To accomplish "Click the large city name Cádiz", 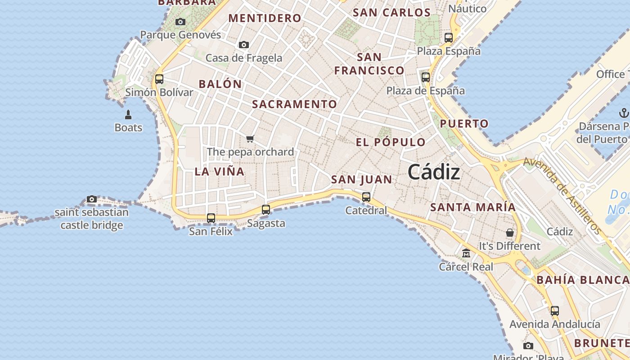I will [x=434, y=172].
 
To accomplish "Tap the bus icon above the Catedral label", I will [x=366, y=197].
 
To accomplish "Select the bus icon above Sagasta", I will [x=266, y=209].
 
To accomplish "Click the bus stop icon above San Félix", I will [x=211, y=218].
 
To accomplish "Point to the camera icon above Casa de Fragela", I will [x=244, y=45].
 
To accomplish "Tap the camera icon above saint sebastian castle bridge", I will [x=92, y=199].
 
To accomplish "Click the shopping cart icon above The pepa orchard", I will [x=250, y=139].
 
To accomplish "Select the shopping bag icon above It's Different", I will [x=510, y=233].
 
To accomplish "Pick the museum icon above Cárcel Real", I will [x=466, y=253].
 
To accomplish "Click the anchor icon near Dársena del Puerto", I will [x=624, y=112].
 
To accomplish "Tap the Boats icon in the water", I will [x=128, y=115].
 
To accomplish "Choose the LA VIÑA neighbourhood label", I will [x=220, y=171].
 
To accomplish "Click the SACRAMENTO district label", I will [x=294, y=104].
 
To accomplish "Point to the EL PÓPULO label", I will [x=391, y=143].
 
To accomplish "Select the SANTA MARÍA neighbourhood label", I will [x=473, y=207].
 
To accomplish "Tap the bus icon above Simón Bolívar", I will [x=159, y=79].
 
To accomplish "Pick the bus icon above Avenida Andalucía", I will [x=555, y=310].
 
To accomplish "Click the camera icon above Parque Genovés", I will [x=180, y=22].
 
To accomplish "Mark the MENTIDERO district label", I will [x=265, y=18].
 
